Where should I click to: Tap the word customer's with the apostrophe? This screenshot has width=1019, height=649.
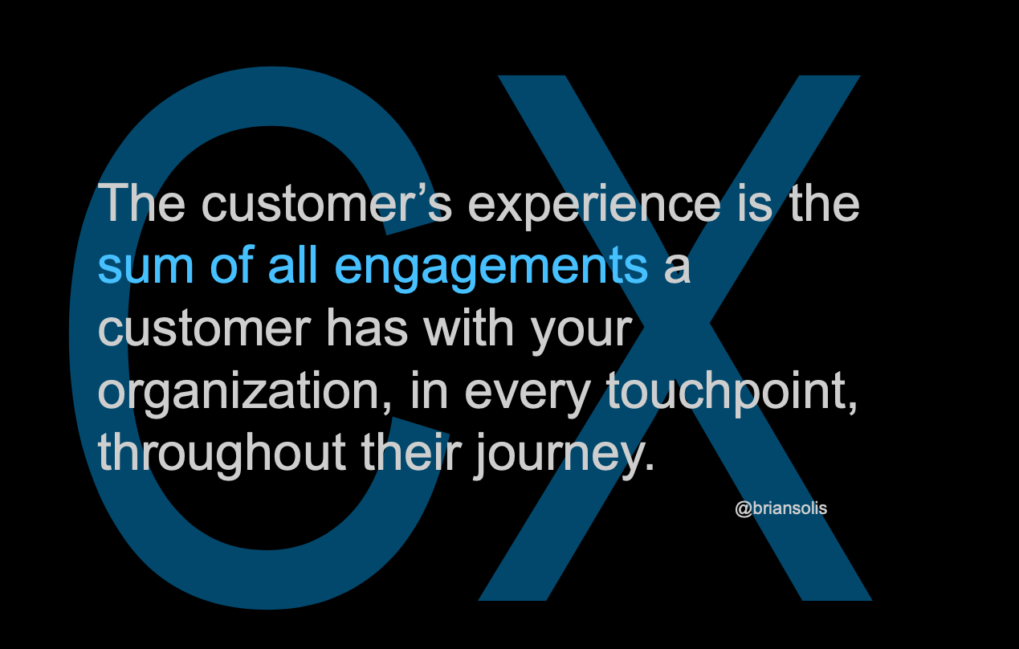(327, 202)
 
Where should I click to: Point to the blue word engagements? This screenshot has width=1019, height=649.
(491, 269)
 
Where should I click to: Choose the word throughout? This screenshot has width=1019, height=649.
(222, 454)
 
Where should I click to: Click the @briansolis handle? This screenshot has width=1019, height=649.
(781, 508)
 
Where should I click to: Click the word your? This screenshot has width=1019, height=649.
(581, 335)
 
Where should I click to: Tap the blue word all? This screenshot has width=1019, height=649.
(292, 265)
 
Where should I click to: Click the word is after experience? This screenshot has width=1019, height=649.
(755, 203)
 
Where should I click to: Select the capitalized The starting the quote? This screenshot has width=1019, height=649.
(141, 202)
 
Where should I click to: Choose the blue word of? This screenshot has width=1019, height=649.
(231, 265)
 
